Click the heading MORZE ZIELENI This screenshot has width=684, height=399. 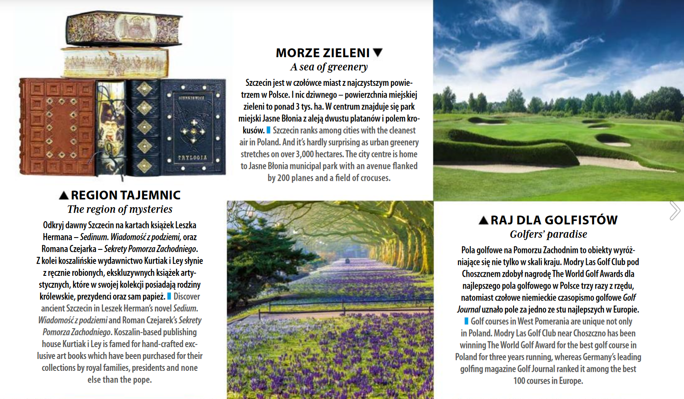322,53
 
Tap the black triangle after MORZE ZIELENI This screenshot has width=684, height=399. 377,52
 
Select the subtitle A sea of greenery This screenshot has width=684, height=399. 329,67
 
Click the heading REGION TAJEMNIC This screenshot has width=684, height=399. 126,195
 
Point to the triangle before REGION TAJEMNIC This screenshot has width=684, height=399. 64,195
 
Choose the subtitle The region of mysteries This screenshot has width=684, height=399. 120,209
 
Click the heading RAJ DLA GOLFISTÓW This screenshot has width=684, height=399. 554,220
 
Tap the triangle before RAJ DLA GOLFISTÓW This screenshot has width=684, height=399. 483,220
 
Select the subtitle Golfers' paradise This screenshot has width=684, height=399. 548,234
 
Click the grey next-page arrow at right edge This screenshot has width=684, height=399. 674,210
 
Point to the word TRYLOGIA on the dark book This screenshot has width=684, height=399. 192,157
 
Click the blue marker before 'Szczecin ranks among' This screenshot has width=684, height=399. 269,130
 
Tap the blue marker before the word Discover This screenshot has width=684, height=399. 170,297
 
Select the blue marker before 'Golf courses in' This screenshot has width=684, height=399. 466,321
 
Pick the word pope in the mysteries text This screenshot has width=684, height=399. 142,380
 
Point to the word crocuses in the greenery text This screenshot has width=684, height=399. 374,178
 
